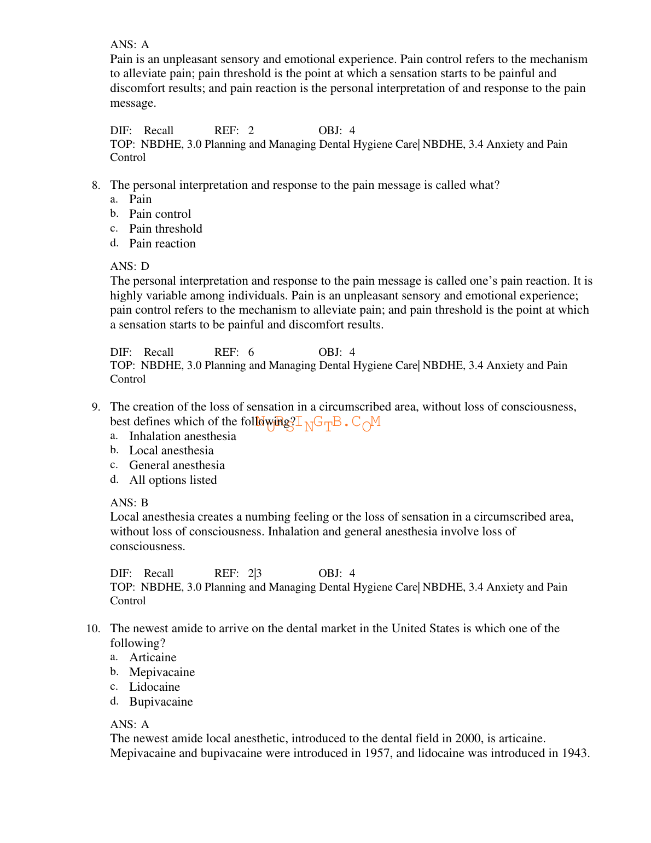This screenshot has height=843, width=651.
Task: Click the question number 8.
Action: [x=96, y=186]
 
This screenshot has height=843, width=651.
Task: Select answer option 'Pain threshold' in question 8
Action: [x=165, y=229]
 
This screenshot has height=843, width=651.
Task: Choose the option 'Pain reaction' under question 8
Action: [x=162, y=244]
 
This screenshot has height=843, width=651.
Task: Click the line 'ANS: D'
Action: [x=130, y=267]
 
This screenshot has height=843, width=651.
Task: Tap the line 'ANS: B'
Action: [x=129, y=503]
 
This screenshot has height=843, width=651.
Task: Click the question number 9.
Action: [x=96, y=407]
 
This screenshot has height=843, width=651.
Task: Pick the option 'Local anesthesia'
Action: [x=171, y=451]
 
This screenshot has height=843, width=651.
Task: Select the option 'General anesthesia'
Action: [x=177, y=465]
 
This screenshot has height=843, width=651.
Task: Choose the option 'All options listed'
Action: [x=173, y=480]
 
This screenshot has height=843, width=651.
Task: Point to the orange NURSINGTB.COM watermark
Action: [x=318, y=423]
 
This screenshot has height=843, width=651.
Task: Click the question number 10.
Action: [x=93, y=629]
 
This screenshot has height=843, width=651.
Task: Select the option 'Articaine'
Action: [x=153, y=657]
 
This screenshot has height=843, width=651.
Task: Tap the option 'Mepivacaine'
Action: [x=162, y=672]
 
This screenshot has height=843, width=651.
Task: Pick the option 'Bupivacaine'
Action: [x=161, y=702]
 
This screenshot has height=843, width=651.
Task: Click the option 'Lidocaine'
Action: [x=154, y=687]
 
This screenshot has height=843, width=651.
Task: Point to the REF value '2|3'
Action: [x=255, y=574]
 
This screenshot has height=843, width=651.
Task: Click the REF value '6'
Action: [x=251, y=353]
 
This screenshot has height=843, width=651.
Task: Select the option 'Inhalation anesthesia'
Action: [x=183, y=436]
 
